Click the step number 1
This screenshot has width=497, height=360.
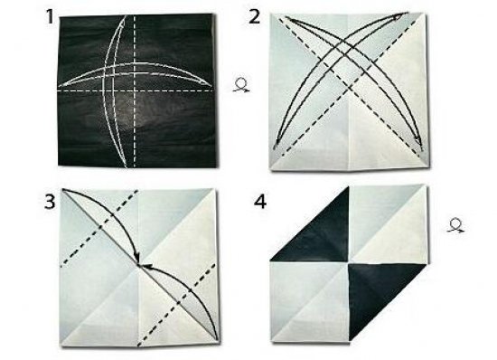50,17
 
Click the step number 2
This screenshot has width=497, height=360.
254,17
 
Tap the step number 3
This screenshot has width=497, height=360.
50,202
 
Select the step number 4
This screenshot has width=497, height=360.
260,202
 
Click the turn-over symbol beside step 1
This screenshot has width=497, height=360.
241,85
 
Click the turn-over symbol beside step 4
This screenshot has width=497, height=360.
455,226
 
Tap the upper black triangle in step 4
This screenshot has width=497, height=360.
320,234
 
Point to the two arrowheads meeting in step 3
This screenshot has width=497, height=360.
140,264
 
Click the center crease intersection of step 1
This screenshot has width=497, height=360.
135,90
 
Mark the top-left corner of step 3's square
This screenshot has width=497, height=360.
62,189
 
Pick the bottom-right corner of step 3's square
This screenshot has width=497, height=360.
218,343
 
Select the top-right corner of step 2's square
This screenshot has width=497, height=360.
424,14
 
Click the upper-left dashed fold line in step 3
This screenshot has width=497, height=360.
99,227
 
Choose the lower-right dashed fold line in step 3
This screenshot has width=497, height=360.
177,305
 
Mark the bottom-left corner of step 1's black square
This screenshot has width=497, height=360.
59,165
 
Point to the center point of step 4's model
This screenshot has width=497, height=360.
349,262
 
